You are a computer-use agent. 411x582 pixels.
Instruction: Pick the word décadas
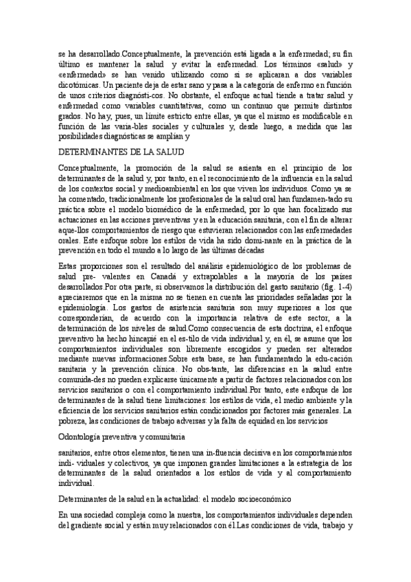pos(247,251)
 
